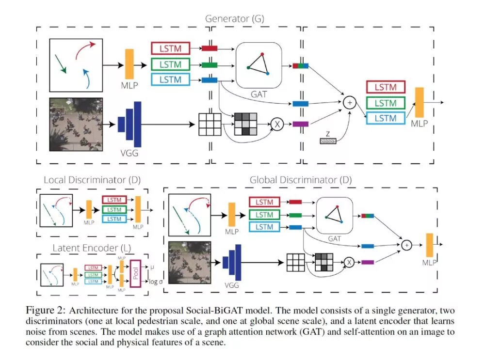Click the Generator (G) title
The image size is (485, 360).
click(234, 19)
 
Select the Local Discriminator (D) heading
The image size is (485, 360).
click(92, 180)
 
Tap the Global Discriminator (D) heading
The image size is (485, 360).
click(301, 180)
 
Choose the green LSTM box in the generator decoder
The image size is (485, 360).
click(385, 103)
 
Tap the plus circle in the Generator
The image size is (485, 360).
click(349, 102)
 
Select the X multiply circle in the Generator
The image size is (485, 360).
click(277, 124)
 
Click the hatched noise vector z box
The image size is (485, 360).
click(331, 141)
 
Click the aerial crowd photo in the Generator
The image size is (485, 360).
click(75, 124)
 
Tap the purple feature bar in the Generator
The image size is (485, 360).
click(301, 124)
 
